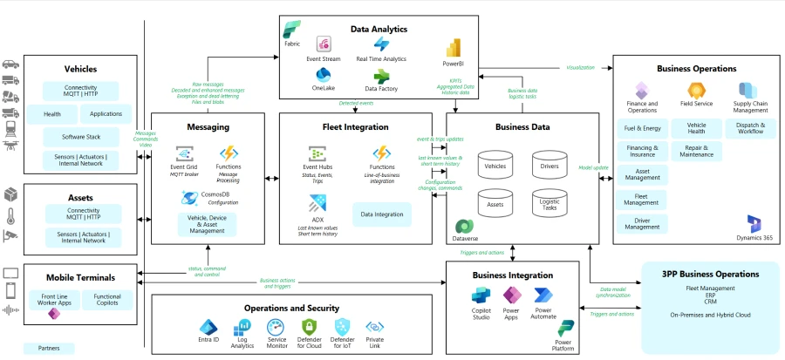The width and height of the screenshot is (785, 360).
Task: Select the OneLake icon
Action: click(323, 75)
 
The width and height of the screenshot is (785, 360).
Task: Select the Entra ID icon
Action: click(208, 328)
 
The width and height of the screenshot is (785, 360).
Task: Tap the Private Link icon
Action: click(374, 328)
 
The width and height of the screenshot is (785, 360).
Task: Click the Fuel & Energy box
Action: click(642, 128)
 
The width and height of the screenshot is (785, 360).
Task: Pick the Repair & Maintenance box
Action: click(696, 152)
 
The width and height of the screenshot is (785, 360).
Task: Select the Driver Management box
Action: click(642, 224)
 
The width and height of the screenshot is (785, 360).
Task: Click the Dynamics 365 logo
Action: click(754, 224)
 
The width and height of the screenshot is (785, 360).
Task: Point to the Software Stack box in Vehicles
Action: click(80, 137)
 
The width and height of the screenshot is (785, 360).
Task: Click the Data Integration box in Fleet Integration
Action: click(383, 213)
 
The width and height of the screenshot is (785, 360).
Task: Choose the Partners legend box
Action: click(49, 348)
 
